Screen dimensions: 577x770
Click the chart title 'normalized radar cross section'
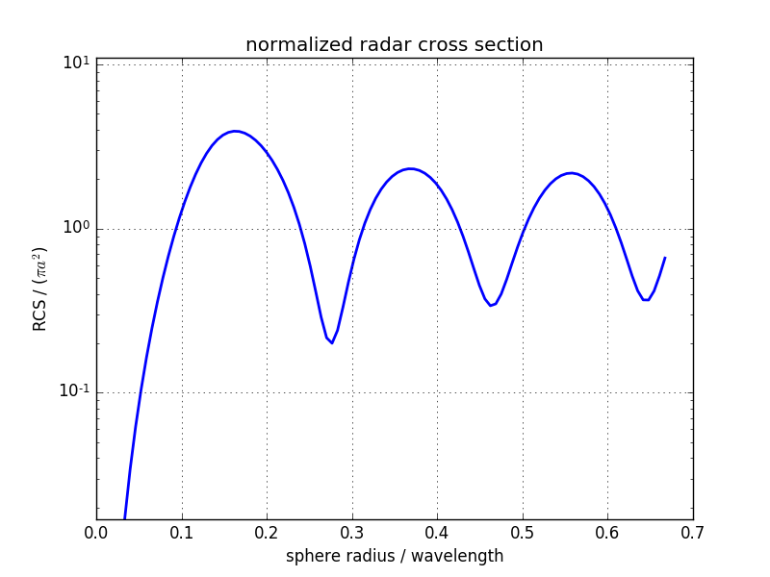coord(394,45)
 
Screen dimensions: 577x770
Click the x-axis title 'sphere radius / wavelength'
coord(394,556)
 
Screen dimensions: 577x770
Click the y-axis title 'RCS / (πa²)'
coord(40,288)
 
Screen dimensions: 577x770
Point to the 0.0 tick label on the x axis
coord(96,532)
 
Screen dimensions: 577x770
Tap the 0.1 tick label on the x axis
coord(182,532)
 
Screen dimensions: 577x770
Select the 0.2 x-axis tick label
coord(267,532)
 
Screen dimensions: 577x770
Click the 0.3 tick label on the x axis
coord(352,532)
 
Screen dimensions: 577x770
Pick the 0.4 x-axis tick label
coord(437,532)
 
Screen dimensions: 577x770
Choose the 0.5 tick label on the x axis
coord(523,532)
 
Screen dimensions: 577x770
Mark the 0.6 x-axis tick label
coord(607,532)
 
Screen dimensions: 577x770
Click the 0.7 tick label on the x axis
coord(693,532)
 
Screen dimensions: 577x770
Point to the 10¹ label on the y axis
coord(76,63)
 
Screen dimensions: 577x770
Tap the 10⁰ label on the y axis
coord(76,228)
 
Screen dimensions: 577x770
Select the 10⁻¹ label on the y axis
coord(73,390)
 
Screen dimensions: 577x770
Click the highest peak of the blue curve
coord(235,131)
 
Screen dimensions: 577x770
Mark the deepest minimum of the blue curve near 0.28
coord(332,342)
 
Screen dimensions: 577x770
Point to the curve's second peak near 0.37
coord(410,168)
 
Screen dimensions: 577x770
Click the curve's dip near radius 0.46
coord(491,306)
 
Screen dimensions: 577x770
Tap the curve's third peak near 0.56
coord(571,173)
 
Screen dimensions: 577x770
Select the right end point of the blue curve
coord(664,258)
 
